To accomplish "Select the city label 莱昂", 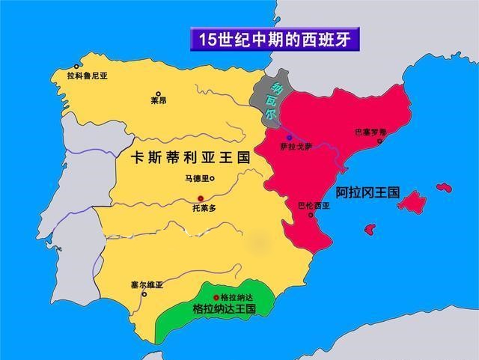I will pos(158,100).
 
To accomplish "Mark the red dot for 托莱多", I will pos(201,197).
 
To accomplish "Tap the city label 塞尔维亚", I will pos(146,285).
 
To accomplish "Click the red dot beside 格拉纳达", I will pos(216,297).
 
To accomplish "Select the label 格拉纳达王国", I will pos(225,308).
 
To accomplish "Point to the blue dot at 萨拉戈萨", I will pos(289,138).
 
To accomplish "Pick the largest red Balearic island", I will pos(411,201).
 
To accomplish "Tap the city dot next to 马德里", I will pos(213,178).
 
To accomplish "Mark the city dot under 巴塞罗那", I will pos(381,140).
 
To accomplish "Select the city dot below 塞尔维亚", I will pos(144,294).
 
